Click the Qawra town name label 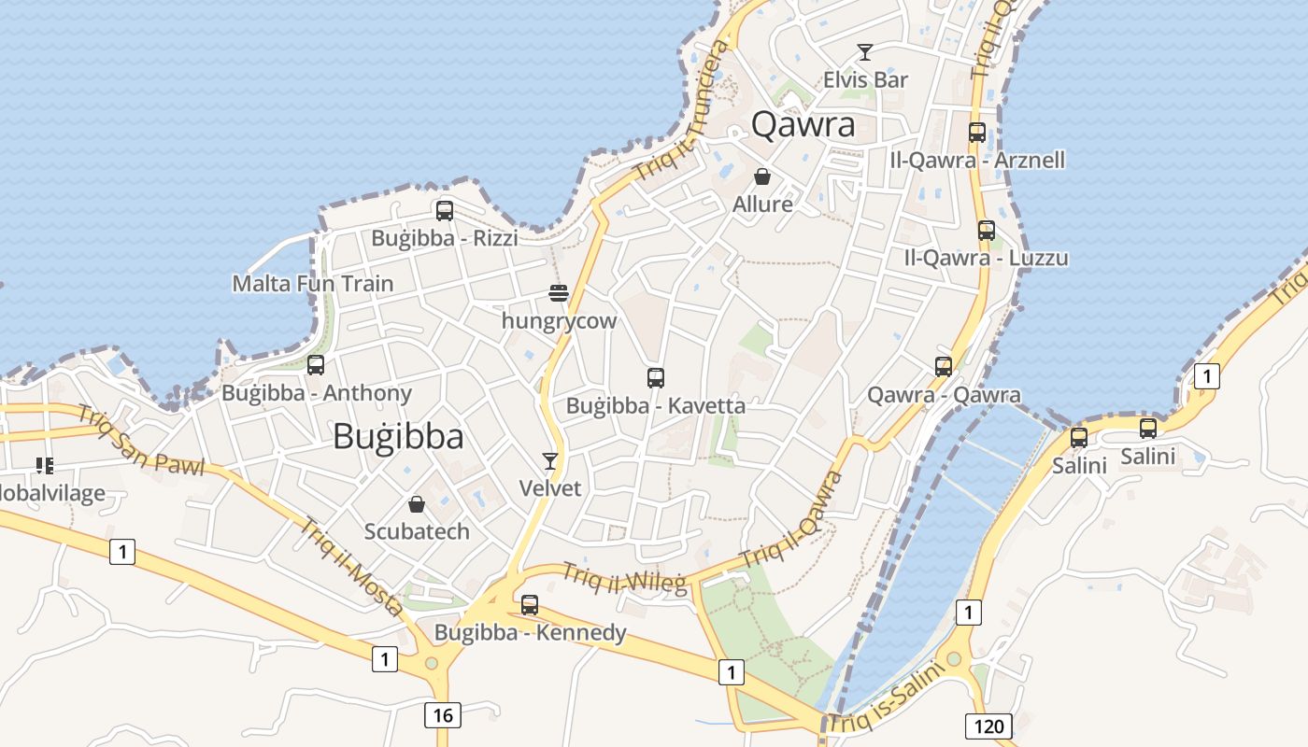[803, 124]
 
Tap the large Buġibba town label [398, 436]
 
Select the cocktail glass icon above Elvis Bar [865, 52]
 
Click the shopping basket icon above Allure [762, 176]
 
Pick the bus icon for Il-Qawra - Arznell [977, 133]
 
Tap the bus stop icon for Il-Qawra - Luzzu [987, 231]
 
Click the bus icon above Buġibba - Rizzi [445, 211]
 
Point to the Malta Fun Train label [313, 283]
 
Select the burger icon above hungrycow [559, 293]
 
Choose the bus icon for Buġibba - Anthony [316, 365]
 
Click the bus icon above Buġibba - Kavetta [656, 378]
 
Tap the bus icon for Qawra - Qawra [944, 367]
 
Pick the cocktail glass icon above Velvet [550, 460]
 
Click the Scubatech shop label [417, 531]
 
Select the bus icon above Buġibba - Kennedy [530, 605]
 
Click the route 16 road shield [443, 715]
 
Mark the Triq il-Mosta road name [351, 566]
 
